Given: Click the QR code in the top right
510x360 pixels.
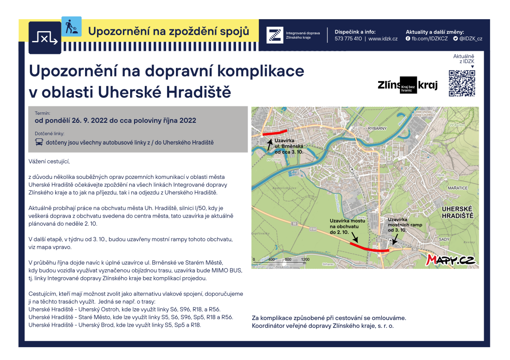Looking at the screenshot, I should click(461, 83).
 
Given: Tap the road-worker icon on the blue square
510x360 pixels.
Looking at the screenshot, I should click(71, 26).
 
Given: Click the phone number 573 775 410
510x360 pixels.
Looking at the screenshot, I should click(348, 39).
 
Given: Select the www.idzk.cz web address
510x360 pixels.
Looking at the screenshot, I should click(383, 39).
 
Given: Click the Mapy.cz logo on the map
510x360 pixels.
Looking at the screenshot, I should click(451, 260).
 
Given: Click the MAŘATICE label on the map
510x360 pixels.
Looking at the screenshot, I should click(457, 188).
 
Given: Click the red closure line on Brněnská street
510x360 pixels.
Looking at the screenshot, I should click(275, 132).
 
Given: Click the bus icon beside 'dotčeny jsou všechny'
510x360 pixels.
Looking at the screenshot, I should click(39, 142).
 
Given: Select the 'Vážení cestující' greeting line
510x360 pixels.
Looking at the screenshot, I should click(49, 161).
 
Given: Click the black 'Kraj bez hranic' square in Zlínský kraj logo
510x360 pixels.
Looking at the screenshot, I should click(408, 85).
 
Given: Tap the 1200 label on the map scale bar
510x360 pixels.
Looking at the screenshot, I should click(305, 259).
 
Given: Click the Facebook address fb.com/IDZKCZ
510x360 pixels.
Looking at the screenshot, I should click(426, 39).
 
